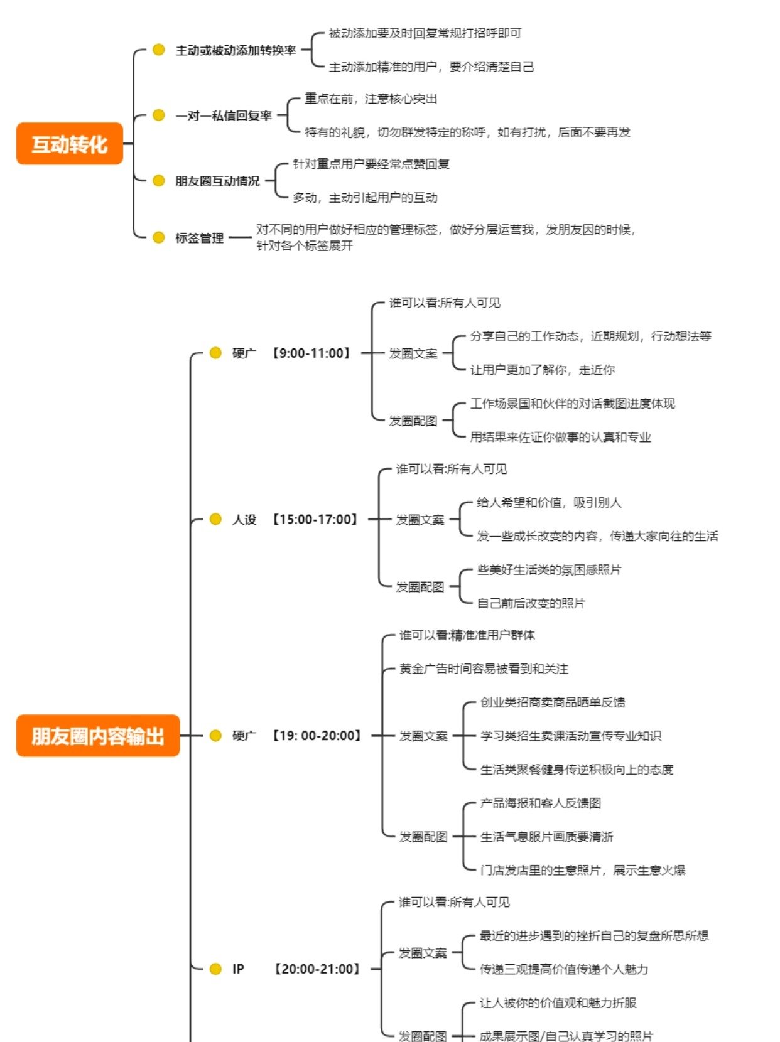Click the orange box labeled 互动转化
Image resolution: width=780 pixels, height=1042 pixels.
pos(69,144)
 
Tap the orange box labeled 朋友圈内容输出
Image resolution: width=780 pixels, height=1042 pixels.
pos(98,736)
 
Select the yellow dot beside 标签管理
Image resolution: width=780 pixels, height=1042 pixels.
pos(159,237)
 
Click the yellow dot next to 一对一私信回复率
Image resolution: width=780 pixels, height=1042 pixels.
pos(159,115)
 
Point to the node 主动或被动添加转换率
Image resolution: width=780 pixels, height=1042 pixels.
pos(236,50)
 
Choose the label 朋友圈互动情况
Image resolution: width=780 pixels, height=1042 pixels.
pos(217,181)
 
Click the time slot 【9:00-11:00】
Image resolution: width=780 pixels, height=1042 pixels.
pos(311,353)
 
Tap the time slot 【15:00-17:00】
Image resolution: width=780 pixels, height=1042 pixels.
pos(315,520)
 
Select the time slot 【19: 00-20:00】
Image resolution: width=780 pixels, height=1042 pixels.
pos(317,736)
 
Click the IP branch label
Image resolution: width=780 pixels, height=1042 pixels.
pos(238,969)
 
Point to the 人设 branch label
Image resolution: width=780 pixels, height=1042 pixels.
pos(244,520)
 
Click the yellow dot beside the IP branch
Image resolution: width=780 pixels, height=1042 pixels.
pos(215,969)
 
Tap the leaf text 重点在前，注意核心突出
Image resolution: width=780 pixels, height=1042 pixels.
pos(371,99)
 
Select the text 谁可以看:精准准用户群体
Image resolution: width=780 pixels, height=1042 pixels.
pos(467,635)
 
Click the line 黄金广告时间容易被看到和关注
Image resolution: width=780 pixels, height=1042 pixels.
pos(484,669)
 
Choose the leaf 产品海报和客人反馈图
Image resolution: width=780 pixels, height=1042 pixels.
pos(541,803)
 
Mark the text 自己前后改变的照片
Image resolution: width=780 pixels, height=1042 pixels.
pos(531,603)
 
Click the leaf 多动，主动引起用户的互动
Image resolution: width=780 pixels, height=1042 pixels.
pos(365,198)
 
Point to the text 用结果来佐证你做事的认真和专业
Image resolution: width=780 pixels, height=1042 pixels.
pos(560,437)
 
